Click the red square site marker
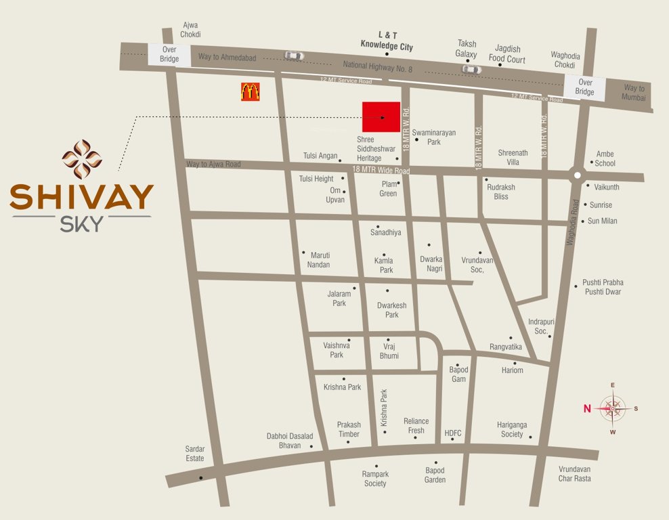[381, 117]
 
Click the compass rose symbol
[613, 408]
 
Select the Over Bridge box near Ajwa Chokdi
[169, 55]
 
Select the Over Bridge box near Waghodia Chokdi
[584, 87]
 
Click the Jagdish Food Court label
[507, 54]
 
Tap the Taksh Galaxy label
[466, 49]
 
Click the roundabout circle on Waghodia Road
[576, 175]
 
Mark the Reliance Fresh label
[416, 425]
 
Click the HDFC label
[452, 432]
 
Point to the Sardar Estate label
[195, 454]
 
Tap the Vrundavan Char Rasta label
[574, 473]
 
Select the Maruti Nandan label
[319, 259]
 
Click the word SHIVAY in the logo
[81, 196]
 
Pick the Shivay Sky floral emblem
[81, 159]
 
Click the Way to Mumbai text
[634, 93]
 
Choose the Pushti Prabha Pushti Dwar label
[604, 286]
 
